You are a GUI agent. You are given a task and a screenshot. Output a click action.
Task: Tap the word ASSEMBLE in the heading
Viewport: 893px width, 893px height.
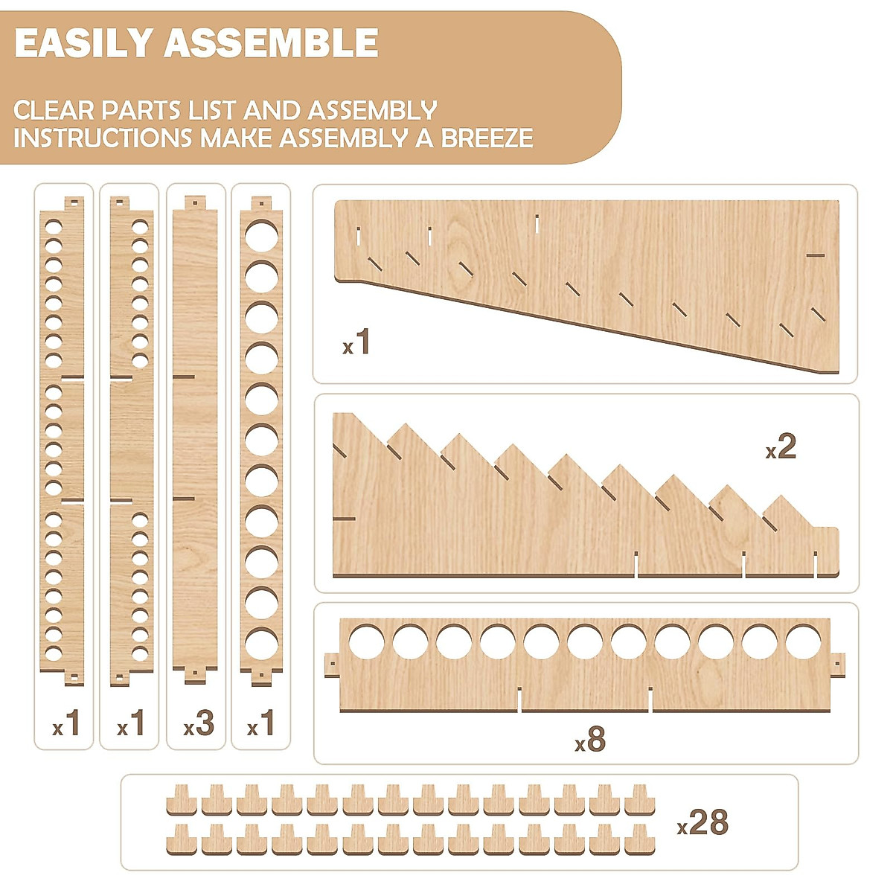click(x=271, y=44)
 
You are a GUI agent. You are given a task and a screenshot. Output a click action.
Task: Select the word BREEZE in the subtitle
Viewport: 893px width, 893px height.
click(x=487, y=138)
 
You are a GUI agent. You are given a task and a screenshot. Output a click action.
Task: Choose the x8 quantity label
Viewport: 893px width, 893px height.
click(x=590, y=740)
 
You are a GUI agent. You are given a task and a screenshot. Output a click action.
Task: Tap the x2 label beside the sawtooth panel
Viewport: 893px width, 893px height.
click(x=781, y=447)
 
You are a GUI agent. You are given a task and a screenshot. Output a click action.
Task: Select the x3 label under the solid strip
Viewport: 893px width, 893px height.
click(x=199, y=723)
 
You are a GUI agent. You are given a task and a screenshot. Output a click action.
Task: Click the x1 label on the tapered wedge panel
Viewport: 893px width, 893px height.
click(x=356, y=343)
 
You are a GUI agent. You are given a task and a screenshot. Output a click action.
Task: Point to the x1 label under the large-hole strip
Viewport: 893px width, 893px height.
click(x=260, y=723)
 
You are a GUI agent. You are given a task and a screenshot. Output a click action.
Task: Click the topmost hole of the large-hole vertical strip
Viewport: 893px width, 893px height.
click(x=261, y=235)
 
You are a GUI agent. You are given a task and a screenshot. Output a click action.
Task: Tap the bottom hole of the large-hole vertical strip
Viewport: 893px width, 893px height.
click(x=261, y=645)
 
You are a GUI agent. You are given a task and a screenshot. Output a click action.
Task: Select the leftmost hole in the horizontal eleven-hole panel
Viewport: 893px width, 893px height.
click(x=366, y=641)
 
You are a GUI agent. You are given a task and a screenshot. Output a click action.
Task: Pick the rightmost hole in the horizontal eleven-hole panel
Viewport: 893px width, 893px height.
click(x=804, y=641)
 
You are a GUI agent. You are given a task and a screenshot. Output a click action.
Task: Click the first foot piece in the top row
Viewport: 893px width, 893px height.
click(x=182, y=799)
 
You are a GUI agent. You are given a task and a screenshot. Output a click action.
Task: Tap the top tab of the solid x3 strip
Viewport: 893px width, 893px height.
click(x=195, y=202)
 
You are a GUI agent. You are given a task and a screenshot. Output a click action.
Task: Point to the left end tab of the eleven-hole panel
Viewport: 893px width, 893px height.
click(x=332, y=665)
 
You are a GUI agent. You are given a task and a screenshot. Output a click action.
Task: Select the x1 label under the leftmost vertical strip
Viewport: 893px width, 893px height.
click(x=67, y=723)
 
